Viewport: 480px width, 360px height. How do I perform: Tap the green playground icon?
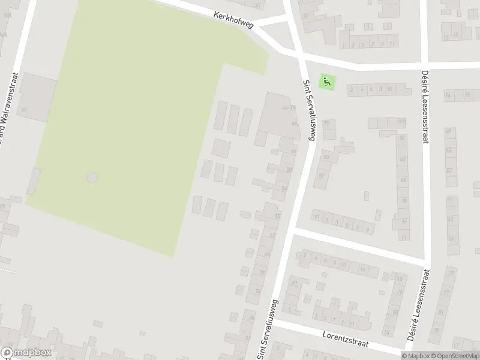(326, 82)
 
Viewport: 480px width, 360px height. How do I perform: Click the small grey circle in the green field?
(92, 178)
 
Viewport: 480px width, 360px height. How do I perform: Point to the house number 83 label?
(326, 157)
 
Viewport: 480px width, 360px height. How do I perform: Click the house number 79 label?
(326, 124)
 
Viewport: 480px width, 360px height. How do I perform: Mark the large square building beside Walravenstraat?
(34, 98)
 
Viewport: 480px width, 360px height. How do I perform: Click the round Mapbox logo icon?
(7, 353)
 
